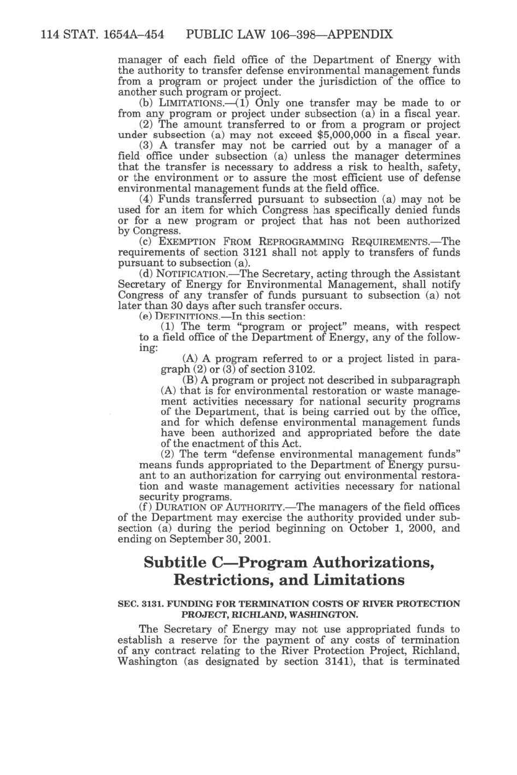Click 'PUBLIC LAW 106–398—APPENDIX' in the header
(289, 35)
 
